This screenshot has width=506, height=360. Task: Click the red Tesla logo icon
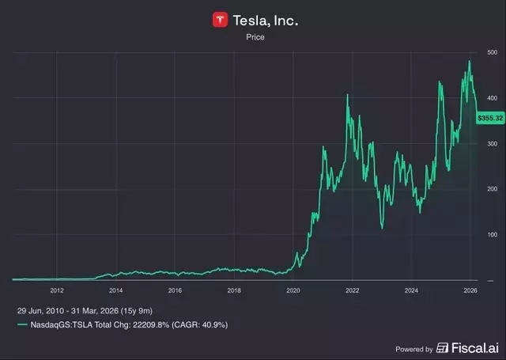pyautogui.click(x=221, y=20)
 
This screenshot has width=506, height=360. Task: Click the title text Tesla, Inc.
pyautogui.click(x=265, y=21)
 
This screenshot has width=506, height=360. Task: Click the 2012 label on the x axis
pyautogui.click(x=56, y=290)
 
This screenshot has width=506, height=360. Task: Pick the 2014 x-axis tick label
pyautogui.click(x=115, y=290)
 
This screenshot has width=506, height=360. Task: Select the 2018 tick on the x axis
pyautogui.click(x=234, y=290)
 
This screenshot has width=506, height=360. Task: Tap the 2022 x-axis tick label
pyautogui.click(x=352, y=290)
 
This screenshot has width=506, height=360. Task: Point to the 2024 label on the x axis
pyautogui.click(x=411, y=290)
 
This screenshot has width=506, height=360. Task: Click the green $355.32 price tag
pyautogui.click(x=489, y=118)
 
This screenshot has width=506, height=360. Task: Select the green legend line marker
pyautogui.click(x=23, y=325)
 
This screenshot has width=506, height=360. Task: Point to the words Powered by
pyautogui.click(x=413, y=349)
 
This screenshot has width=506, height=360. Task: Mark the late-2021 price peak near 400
pyautogui.click(x=348, y=95)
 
